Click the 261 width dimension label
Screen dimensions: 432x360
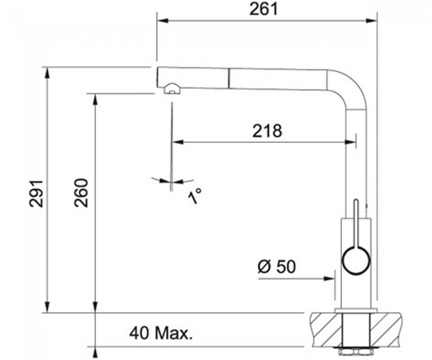[264, 9]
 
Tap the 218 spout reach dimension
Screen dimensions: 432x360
[268, 131]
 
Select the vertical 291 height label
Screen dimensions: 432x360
[36, 193]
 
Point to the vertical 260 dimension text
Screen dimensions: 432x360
[81, 193]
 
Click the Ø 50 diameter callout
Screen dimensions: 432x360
[277, 266]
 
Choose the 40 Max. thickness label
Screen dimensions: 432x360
[161, 333]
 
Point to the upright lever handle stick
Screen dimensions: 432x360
[356, 223]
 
